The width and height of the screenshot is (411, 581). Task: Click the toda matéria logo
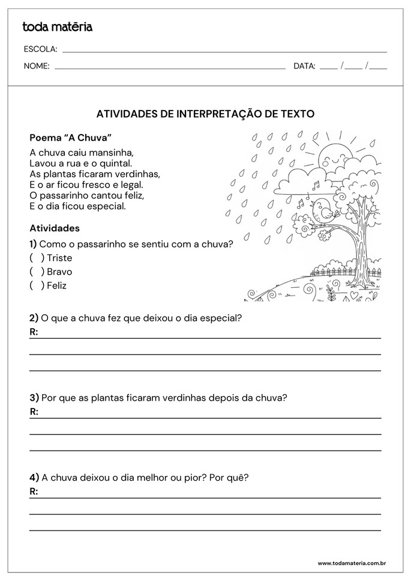click(x=57, y=26)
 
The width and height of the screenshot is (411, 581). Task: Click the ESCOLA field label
click(x=40, y=49)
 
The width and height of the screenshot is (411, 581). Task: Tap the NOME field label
click(x=36, y=66)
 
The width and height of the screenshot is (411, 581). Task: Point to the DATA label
click(x=304, y=66)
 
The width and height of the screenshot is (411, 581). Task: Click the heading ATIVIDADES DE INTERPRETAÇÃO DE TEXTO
click(x=205, y=113)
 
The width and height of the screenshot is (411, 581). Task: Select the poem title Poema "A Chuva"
click(x=71, y=137)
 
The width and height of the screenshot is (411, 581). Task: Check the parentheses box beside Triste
click(x=37, y=258)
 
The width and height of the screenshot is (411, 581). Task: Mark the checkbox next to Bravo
click(x=37, y=272)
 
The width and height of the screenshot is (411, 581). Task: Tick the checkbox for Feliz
click(x=37, y=285)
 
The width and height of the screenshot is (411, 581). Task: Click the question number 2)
click(x=34, y=318)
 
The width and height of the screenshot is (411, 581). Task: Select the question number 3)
click(x=34, y=398)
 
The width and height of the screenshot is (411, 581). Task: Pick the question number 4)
click(x=34, y=478)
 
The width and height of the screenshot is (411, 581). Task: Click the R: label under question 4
click(x=34, y=491)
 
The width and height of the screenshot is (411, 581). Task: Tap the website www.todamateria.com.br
click(x=351, y=563)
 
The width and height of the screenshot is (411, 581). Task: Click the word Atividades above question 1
click(x=55, y=228)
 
